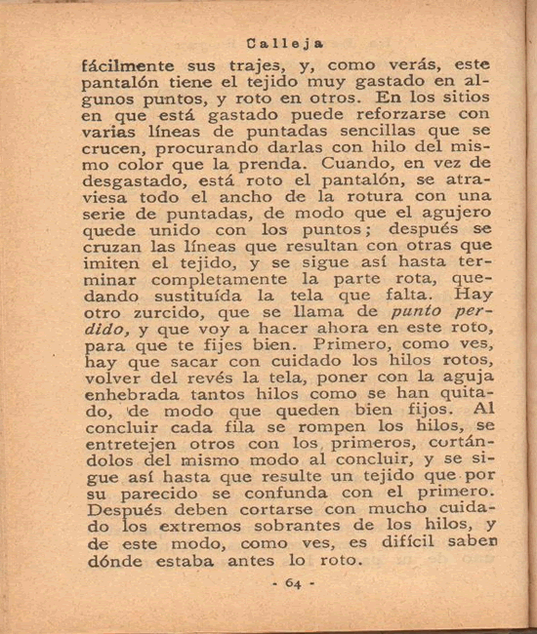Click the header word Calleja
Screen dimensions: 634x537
(286, 44)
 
